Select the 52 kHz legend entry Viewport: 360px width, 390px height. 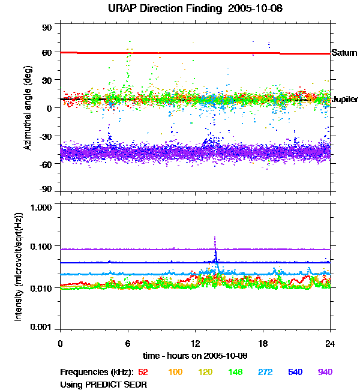pyautogui.click(x=143, y=372)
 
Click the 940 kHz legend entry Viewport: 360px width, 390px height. pyautogui.click(x=325, y=372)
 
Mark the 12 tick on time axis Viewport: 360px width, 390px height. pyautogui.click(x=196, y=343)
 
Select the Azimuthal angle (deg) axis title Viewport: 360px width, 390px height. pyautogui.click(x=28, y=108)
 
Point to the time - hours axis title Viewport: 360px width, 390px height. pyautogui.click(x=196, y=355)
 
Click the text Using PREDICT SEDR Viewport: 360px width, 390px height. pyautogui.click(x=104, y=383)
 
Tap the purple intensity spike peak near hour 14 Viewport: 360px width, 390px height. pyautogui.click(x=215, y=238)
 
